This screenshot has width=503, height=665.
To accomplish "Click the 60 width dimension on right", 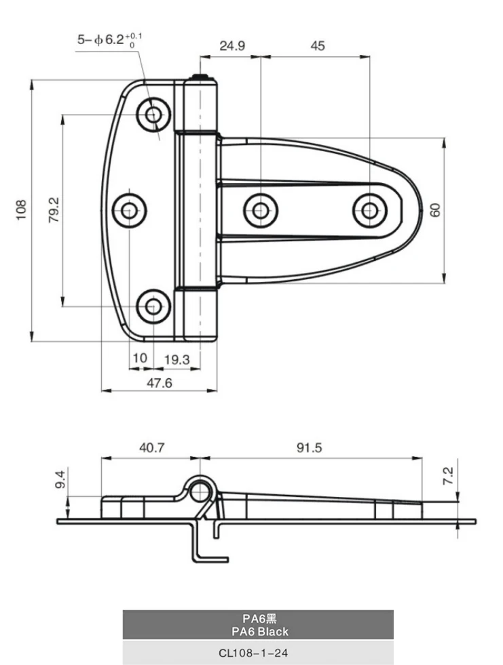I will click(435, 209).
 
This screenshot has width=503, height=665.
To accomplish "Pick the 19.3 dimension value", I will click(177, 358).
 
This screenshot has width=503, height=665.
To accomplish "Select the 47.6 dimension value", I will click(160, 383).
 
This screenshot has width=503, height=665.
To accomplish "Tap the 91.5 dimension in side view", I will click(309, 447).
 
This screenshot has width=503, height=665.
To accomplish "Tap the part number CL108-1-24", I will click(258, 652).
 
